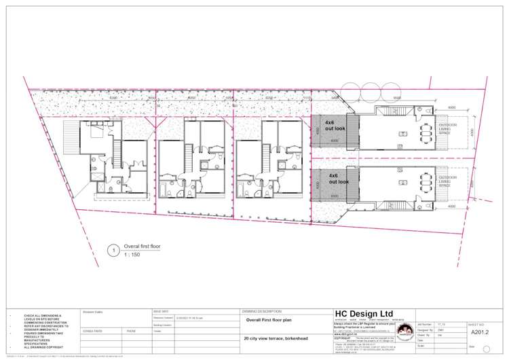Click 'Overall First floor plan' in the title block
click(x=271, y=319)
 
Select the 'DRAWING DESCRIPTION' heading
click(x=260, y=310)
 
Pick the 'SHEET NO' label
click(x=476, y=325)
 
